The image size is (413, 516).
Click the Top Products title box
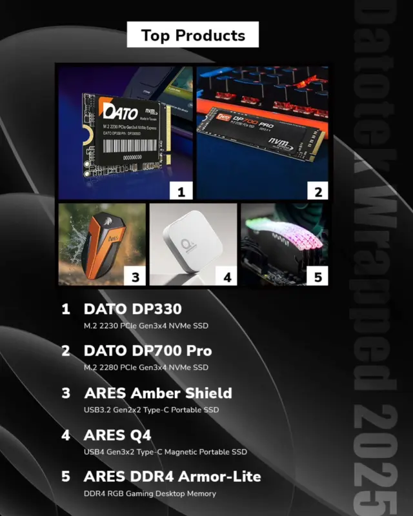coord(193,35)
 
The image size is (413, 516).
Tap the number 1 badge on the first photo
coord(181,191)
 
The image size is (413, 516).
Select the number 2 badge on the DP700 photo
coord(317,191)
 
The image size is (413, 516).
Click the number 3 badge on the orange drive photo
coord(135,277)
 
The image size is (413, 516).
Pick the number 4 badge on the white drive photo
coord(227,277)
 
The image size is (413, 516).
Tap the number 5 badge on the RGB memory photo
coord(317,277)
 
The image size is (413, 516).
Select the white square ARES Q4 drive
coord(191,242)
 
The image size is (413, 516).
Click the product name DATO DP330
coord(133,309)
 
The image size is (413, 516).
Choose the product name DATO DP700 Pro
coord(148,351)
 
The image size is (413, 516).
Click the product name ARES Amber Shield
coord(158,393)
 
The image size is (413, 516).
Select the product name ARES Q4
coord(117,435)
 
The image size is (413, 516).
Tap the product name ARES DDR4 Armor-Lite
coord(172,477)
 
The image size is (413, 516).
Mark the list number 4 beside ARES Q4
coord(66,435)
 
